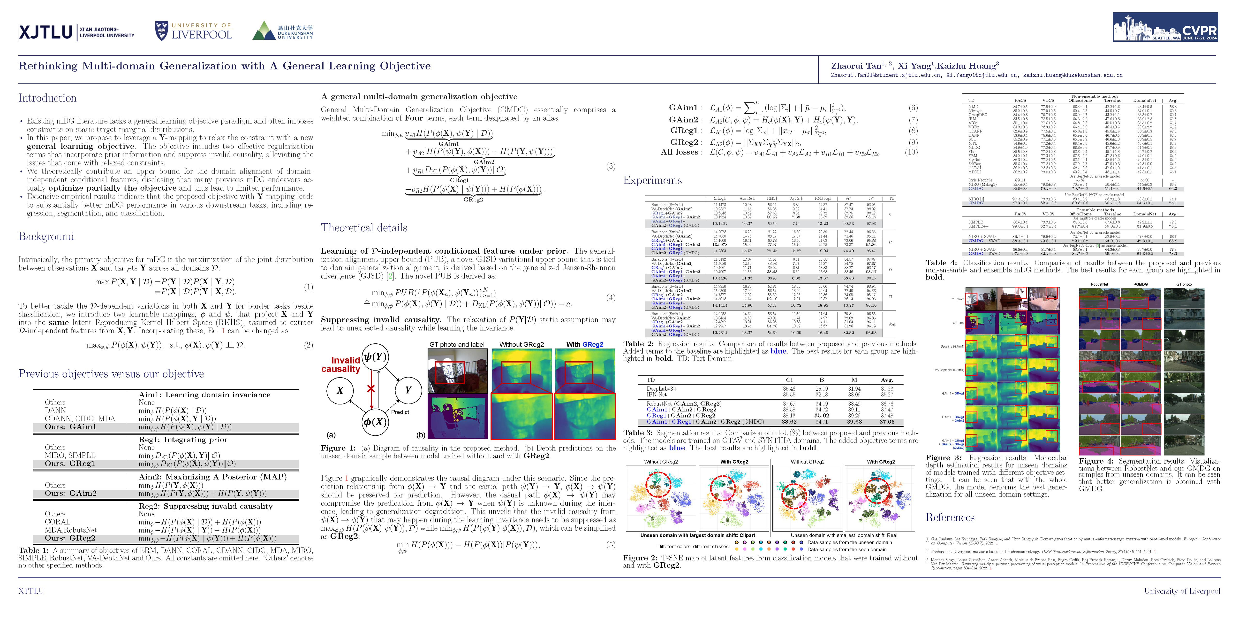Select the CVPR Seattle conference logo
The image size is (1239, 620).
coord(1164,27)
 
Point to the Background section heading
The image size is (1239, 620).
coord(46,236)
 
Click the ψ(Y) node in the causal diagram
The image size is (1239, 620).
coord(375,357)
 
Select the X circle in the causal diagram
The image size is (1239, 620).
coord(340,390)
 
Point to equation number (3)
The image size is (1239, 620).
coord(610,166)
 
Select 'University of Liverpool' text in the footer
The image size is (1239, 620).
coord(1182,591)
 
